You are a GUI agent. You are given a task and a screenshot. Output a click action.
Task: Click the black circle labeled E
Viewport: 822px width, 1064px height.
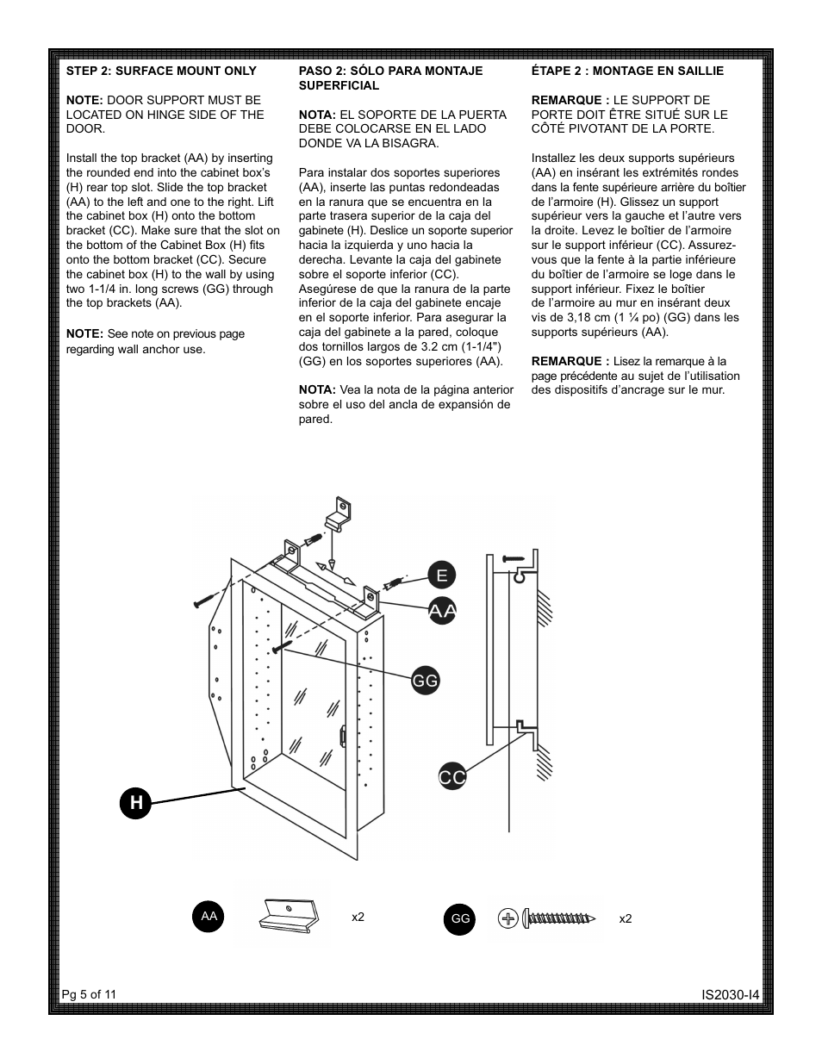tap(441, 576)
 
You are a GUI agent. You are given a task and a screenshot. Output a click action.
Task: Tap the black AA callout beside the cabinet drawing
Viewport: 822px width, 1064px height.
tap(442, 611)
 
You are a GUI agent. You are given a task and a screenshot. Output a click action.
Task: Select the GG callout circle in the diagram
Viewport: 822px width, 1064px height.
tap(426, 681)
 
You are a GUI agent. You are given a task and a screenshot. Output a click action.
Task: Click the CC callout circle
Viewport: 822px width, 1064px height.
tap(452, 777)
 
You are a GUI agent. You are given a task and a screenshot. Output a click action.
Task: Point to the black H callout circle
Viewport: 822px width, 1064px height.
tap(136, 803)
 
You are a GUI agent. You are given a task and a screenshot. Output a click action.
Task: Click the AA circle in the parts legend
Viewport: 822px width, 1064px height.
tap(209, 917)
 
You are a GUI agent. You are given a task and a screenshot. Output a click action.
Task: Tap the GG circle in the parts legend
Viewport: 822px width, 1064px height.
tap(460, 919)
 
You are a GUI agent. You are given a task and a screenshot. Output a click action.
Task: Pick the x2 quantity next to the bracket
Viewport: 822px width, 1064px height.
tap(358, 917)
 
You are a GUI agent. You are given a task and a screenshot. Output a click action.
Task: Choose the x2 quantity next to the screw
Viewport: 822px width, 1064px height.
tap(626, 919)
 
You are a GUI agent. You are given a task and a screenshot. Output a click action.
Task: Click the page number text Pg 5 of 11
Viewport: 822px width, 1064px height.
tap(89, 994)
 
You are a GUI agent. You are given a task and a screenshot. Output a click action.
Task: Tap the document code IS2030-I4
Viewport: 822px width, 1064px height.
tap(730, 995)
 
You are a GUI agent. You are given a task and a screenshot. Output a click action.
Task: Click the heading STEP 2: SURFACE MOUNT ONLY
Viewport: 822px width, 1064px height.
tap(161, 71)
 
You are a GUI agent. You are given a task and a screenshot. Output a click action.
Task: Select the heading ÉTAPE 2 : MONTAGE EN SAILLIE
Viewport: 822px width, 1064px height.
tap(627, 71)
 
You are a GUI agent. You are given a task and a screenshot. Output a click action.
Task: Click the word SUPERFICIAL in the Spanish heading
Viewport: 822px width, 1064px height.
tap(339, 85)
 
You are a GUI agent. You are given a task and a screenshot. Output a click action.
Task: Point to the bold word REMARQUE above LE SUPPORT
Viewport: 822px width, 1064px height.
tap(570, 100)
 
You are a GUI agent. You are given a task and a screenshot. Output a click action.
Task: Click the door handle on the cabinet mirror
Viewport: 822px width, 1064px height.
tap(343, 735)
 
